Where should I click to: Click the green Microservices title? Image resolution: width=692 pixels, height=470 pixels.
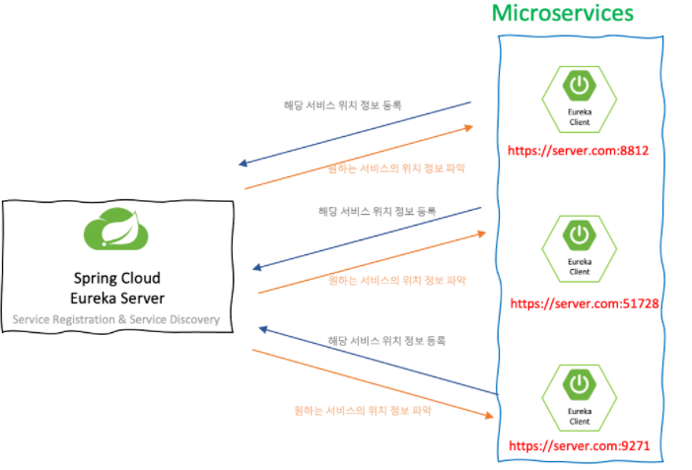pos(562,13)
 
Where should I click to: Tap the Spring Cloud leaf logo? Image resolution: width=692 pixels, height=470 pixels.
pos(116,229)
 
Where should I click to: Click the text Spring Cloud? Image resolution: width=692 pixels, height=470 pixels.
pos(117,279)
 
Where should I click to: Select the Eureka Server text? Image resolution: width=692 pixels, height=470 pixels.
pos(117,299)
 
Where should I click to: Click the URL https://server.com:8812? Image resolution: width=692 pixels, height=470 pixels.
pos(578,151)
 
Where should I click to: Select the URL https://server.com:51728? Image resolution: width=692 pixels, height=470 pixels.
pos(585,303)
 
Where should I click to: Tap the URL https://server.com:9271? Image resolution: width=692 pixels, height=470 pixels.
pos(580,445)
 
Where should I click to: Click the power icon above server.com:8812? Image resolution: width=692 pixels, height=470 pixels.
pos(579,85)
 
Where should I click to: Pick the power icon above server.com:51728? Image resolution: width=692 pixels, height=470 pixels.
pos(579,235)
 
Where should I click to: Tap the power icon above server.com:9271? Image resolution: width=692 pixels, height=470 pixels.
pos(579,384)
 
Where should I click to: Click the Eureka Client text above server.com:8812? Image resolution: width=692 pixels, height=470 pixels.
pos(580,117)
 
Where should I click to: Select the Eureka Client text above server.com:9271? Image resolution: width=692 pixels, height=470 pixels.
pos(580,416)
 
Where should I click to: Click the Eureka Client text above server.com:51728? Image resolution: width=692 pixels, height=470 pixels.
pos(580,267)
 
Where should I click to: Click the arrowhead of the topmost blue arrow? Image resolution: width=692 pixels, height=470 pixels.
pos(242,164)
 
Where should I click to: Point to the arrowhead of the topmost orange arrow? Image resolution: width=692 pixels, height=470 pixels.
pos(469,128)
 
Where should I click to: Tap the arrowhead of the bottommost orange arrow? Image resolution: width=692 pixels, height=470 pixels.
pos(489,416)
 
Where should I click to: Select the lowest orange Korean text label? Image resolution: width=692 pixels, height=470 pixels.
pos(363,411)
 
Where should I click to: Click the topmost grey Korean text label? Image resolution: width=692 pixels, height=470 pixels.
pos(342,105)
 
